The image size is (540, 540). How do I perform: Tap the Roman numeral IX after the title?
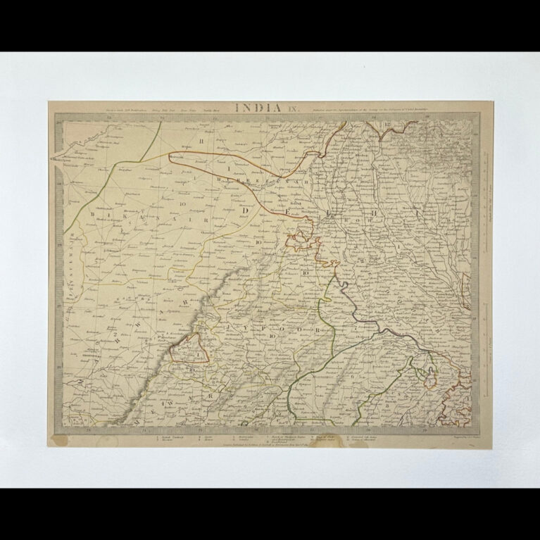[x=292, y=108]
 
